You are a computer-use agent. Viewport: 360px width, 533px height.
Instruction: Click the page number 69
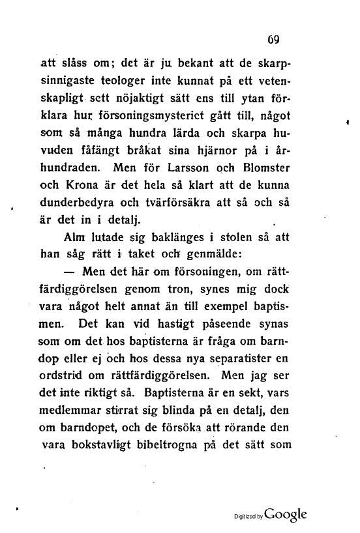(273, 38)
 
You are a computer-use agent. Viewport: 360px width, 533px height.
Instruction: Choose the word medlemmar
(68, 410)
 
